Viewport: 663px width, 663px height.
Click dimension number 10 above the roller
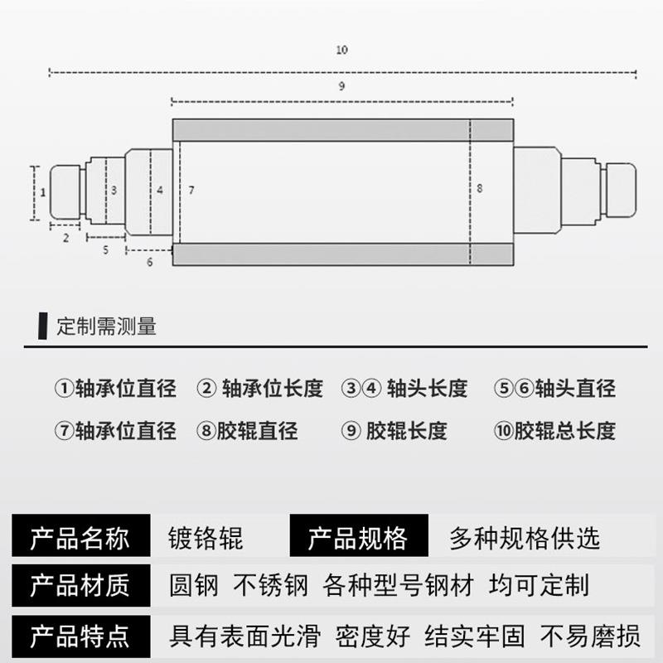point(341,51)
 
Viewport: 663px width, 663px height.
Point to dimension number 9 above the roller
point(341,85)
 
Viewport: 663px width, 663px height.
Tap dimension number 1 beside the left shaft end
point(42,191)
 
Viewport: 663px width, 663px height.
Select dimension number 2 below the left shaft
point(65,237)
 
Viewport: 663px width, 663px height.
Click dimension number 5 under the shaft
point(106,249)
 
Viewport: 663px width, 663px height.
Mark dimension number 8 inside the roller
point(479,189)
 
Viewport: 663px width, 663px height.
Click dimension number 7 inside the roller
point(191,191)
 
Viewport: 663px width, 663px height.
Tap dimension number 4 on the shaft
point(160,190)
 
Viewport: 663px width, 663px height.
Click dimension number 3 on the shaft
point(114,190)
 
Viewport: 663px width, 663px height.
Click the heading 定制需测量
point(106,326)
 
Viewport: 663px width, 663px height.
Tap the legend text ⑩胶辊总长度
point(554,431)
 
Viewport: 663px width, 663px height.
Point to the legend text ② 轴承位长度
point(259,388)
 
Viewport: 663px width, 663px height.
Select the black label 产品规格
point(358,540)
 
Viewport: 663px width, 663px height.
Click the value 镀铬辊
point(206,540)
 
